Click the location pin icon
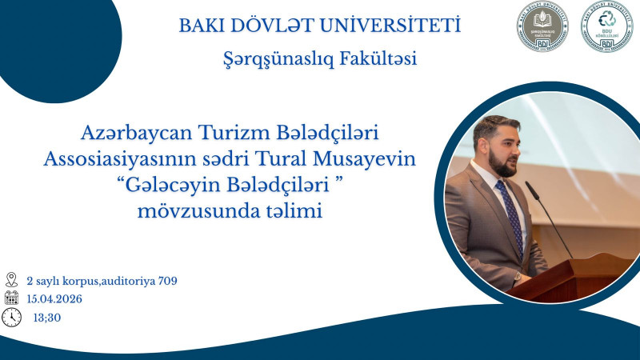coord(11,280)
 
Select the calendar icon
coord(11,298)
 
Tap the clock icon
coord(11,318)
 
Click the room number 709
coord(166,281)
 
